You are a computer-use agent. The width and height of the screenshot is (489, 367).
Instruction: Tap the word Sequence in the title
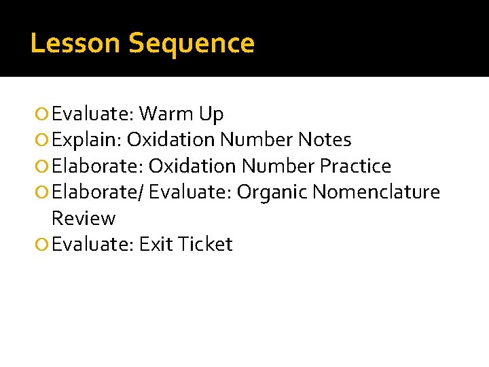192,43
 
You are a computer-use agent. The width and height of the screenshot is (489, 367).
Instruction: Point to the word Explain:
86,141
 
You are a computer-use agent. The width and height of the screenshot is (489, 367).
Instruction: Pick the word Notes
325,140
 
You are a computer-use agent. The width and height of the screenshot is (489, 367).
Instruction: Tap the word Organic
272,192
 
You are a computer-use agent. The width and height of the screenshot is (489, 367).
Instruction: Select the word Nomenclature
376,192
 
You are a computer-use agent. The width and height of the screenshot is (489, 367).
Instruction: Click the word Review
84,218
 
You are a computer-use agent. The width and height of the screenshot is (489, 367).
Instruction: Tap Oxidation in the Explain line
170,140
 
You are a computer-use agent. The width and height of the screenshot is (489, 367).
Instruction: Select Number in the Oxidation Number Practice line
277,166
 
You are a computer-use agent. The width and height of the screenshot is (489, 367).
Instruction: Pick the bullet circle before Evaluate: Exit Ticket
43,245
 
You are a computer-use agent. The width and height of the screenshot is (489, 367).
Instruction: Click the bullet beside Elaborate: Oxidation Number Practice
43,167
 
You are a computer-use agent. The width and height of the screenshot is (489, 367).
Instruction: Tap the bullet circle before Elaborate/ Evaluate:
43,192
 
